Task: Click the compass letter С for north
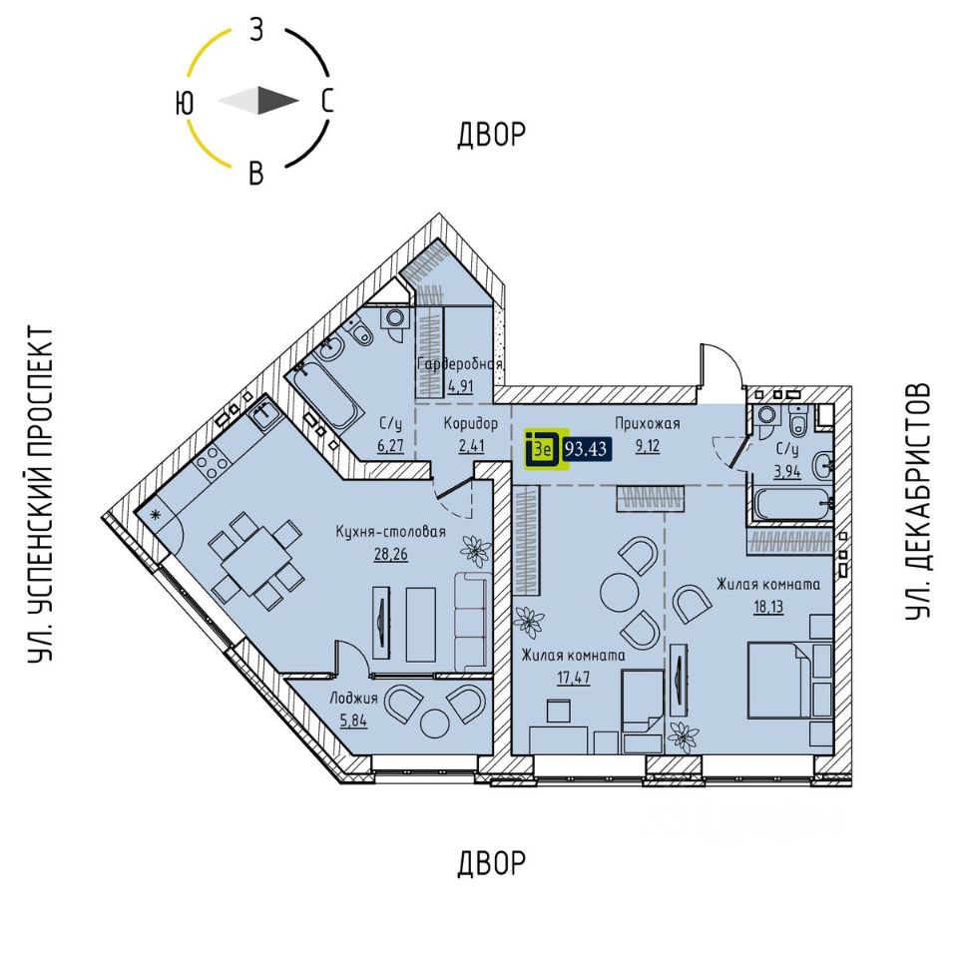tap(326, 101)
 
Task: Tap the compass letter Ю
tap(184, 102)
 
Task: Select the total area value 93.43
tap(588, 449)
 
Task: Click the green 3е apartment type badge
tap(544, 449)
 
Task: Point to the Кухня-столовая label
tap(390, 532)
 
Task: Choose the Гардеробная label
tap(460, 364)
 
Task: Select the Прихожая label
tap(648, 423)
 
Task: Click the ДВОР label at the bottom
tap(491, 863)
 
